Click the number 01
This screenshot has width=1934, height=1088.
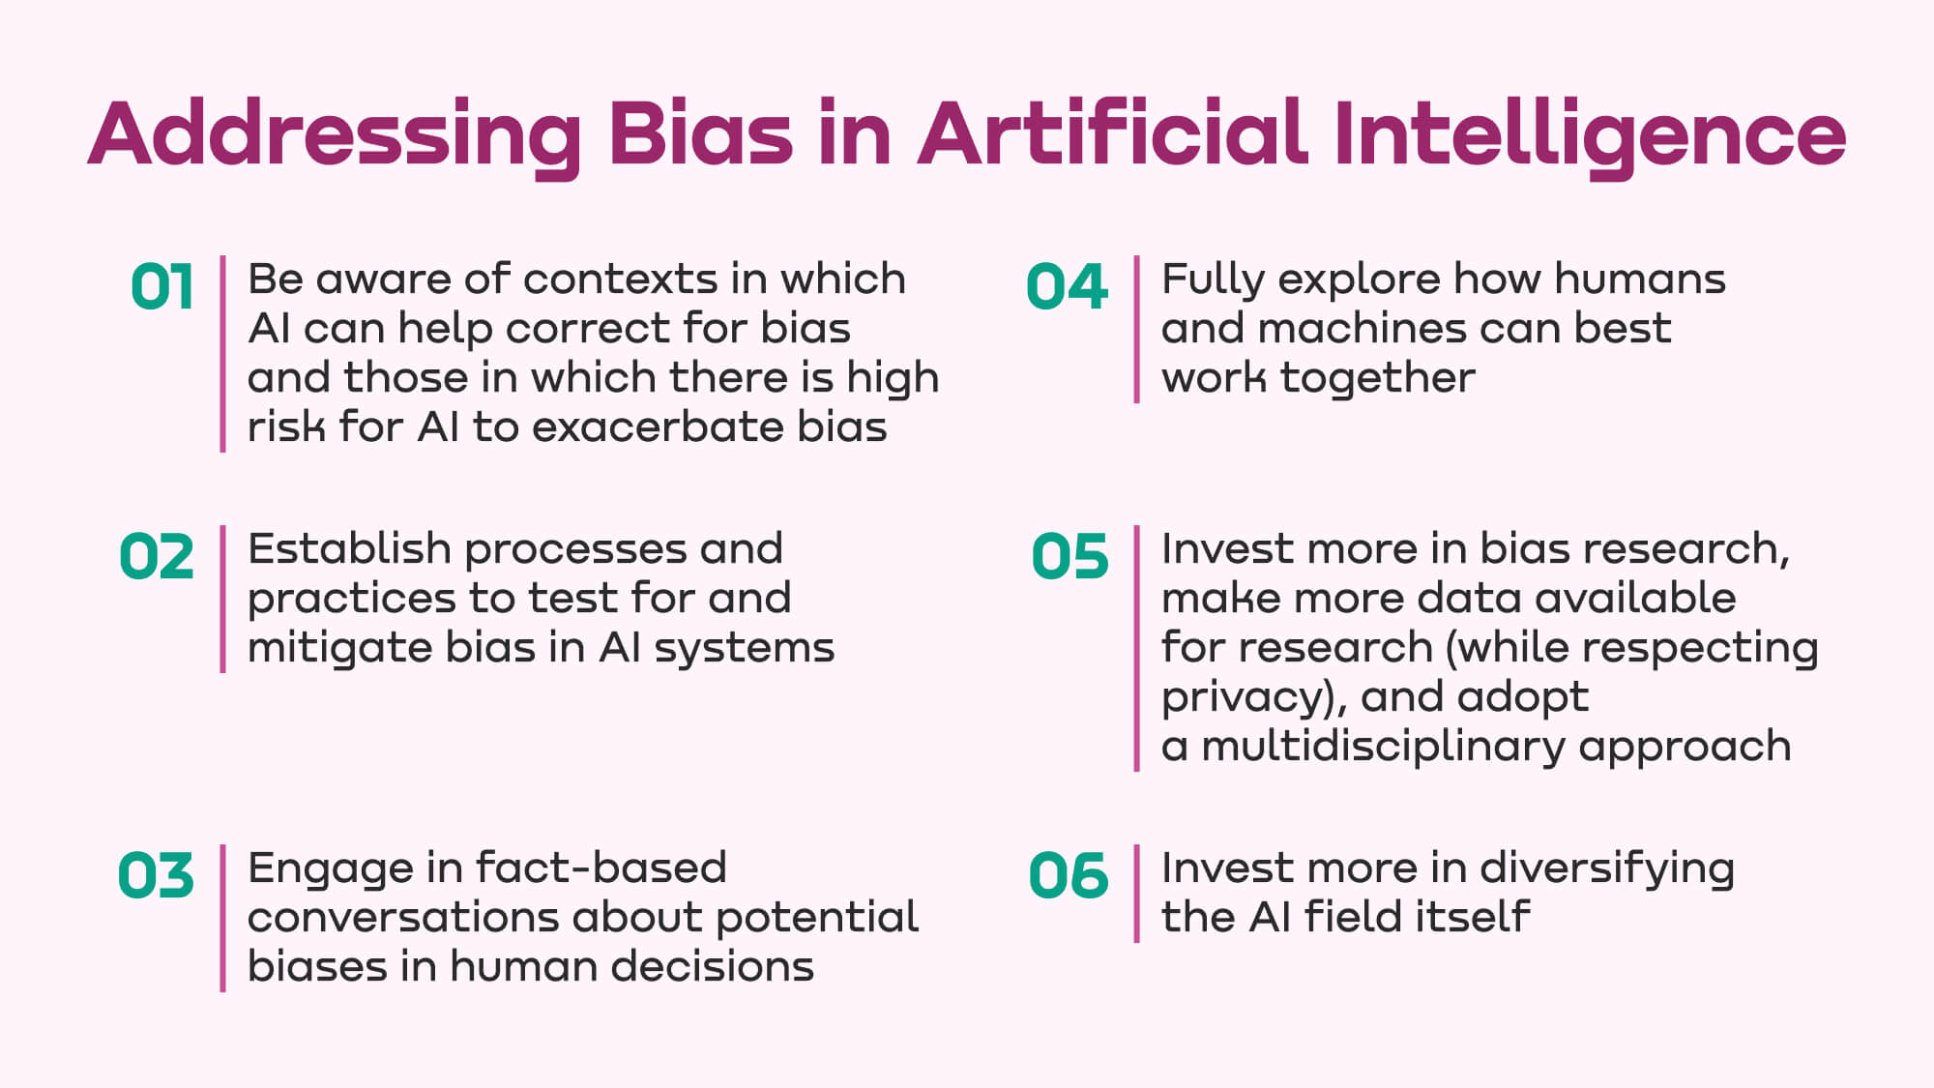[162, 287]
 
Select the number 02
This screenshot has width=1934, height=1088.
[157, 557]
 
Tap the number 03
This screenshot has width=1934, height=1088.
[156, 876]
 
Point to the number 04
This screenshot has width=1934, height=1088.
[1067, 287]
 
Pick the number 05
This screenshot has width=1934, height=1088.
[1070, 557]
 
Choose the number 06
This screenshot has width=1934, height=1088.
[1069, 876]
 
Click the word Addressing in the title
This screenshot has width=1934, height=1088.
[336, 136]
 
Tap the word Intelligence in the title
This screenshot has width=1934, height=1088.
[1590, 136]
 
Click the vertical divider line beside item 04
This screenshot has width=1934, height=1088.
[1137, 329]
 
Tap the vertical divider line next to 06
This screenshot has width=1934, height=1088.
[1137, 894]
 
